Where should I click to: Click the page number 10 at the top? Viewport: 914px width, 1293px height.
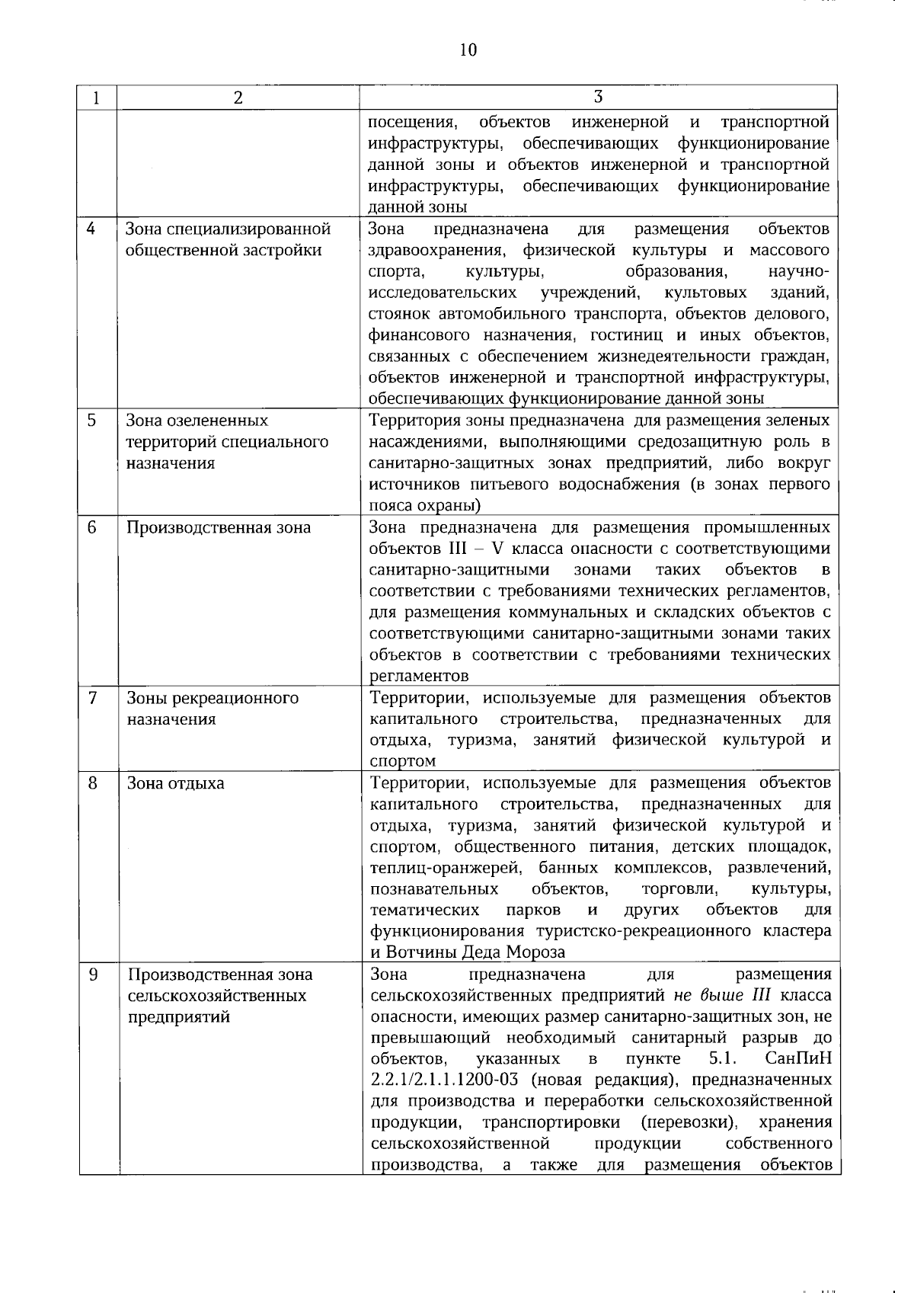tap(468, 50)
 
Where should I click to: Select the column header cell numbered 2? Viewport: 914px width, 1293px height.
tap(238, 98)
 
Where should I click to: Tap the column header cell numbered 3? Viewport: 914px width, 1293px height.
tap(599, 97)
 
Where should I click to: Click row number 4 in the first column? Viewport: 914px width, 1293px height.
tap(91, 229)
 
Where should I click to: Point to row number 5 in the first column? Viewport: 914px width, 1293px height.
tap(91, 421)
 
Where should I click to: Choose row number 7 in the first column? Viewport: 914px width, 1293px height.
tap(91, 698)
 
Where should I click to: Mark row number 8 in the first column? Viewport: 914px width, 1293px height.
tap(91, 783)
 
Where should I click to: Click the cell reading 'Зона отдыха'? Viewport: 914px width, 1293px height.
tap(176, 783)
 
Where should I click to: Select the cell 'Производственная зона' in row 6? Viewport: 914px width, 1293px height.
tap(219, 527)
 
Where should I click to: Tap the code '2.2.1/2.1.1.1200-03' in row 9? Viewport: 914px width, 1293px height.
tap(444, 1080)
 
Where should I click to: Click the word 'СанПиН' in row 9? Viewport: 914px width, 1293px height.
tap(800, 1059)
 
